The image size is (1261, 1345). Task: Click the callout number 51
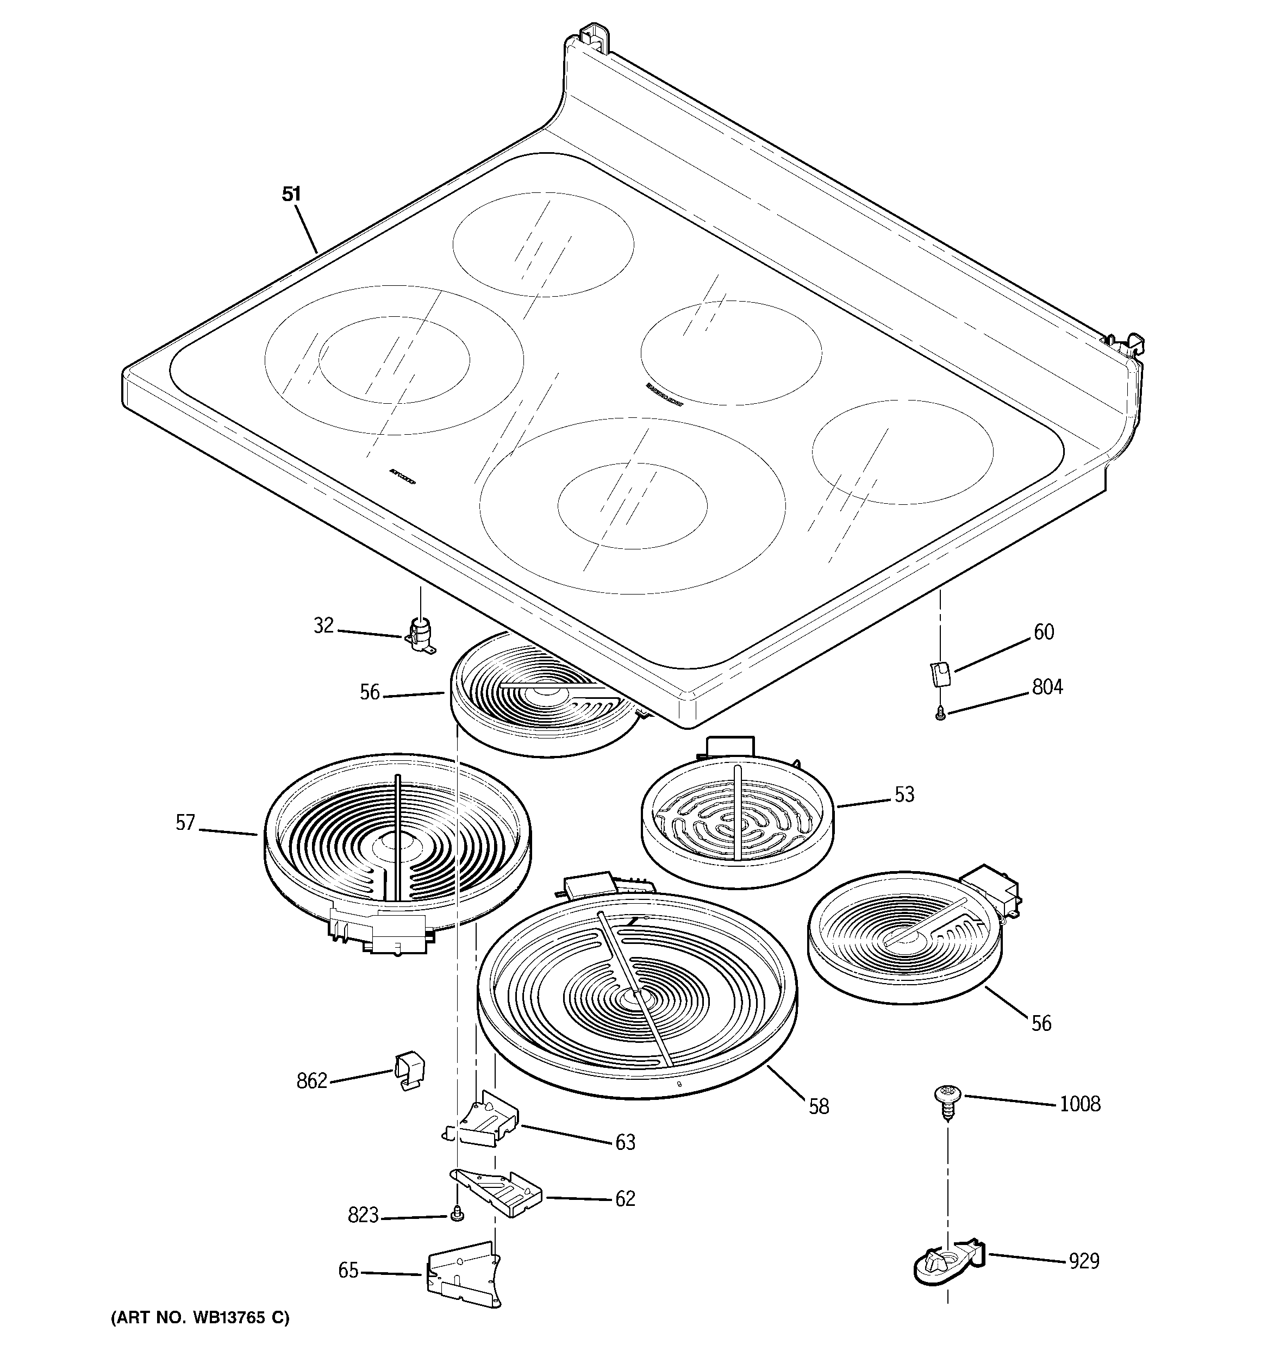click(x=291, y=194)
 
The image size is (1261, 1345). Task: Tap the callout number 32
click(x=323, y=626)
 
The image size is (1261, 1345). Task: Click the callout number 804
click(x=1047, y=687)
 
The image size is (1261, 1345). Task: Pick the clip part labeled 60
click(x=939, y=674)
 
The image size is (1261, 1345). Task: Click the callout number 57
click(x=185, y=823)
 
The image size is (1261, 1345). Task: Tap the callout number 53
click(x=904, y=795)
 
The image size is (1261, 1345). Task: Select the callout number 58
click(x=819, y=1106)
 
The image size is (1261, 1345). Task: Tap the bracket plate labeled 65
click(x=464, y=1275)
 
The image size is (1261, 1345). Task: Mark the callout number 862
click(x=312, y=1081)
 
